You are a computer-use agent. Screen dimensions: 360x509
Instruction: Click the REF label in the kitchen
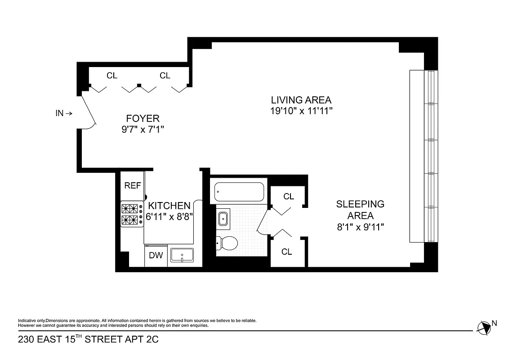pos(133,185)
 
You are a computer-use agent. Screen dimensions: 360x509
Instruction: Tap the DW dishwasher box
pos(156,256)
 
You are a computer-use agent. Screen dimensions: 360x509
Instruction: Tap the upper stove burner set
pos(130,209)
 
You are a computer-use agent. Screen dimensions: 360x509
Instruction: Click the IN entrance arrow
pos(63,113)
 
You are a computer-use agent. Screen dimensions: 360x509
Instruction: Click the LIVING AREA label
pos(301,100)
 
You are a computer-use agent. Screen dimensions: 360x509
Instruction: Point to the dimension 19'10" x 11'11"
pos(301,111)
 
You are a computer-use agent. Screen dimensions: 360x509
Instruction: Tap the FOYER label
pos(143,118)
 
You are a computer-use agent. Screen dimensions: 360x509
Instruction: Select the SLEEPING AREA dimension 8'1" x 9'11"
pos(360,227)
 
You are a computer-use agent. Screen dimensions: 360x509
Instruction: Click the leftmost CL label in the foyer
pos(112,76)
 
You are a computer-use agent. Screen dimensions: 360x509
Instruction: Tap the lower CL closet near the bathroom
pos(286,252)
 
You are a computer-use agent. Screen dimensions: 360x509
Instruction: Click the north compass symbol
pos(485,328)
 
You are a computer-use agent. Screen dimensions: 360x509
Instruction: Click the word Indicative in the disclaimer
pos(27,320)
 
